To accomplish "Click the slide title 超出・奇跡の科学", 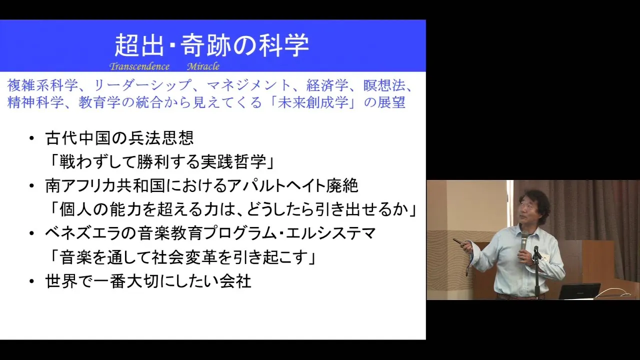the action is click(x=211, y=45).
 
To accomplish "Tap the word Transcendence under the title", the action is click(x=139, y=66).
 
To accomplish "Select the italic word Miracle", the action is click(x=203, y=66).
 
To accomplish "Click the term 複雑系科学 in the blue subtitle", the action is click(x=42, y=85).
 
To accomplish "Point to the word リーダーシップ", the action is click(x=142, y=85).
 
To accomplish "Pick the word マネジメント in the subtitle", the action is click(x=248, y=85).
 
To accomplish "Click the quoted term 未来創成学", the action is click(x=313, y=102).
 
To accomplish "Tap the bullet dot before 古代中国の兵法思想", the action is click(x=31, y=139).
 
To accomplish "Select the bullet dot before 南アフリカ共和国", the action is click(x=31, y=186).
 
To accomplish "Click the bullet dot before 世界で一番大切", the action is click(x=31, y=281).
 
